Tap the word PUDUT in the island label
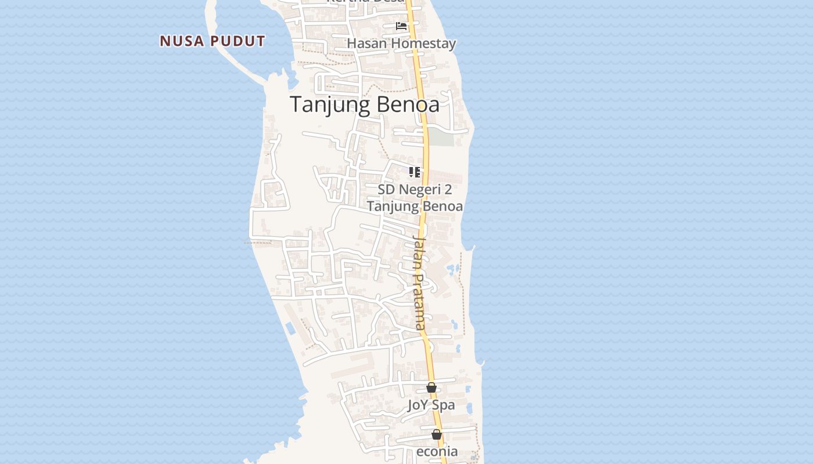coord(238,41)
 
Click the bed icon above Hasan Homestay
coord(401,26)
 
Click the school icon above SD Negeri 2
coord(414,172)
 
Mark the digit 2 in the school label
coord(448,190)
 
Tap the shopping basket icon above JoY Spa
coord(431,387)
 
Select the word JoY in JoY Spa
coord(417,405)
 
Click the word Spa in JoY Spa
coord(444,405)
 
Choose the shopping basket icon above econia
coord(437,434)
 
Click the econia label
coord(437,451)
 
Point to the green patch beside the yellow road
coord(441,137)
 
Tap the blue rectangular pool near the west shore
coord(290,328)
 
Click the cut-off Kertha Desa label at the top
coord(365,2)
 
